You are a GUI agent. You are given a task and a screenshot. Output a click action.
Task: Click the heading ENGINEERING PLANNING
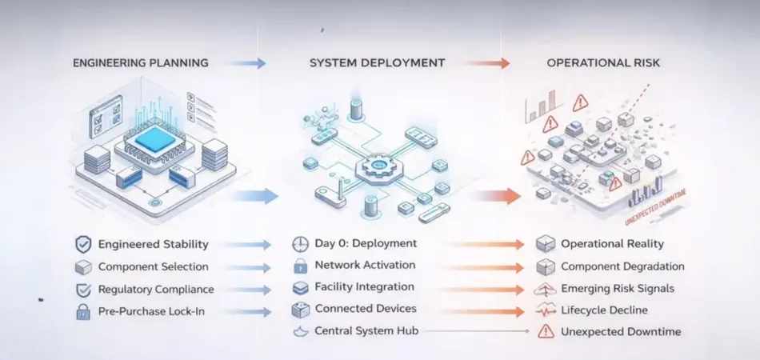coord(141,62)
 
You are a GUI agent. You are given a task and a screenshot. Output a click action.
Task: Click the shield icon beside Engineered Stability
coord(83,244)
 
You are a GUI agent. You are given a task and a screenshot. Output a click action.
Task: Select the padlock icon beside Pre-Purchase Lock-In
coord(83,312)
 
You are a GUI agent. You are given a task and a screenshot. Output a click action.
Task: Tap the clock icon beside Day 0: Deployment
coord(301,243)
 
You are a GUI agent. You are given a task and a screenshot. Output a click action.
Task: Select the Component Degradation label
coord(622,266)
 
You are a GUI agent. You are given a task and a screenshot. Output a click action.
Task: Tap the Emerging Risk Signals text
coord(618,288)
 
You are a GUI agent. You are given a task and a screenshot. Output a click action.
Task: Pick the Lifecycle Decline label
coord(604,310)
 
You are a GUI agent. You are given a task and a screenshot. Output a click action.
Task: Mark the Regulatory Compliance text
coord(156,289)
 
